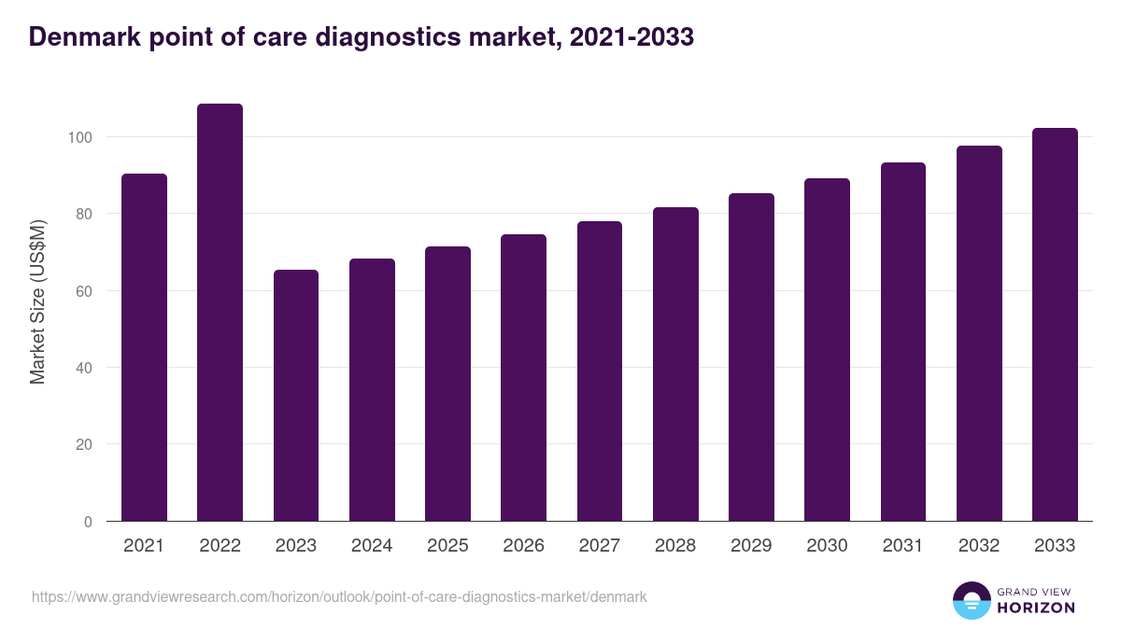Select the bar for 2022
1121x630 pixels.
220,313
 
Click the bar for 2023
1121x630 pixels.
296,396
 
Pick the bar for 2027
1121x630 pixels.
600,371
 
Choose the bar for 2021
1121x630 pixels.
144,347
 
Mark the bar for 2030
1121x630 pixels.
827,350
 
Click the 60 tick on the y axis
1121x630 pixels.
86,291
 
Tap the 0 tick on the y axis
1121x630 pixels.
89,522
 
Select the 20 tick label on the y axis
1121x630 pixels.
86,444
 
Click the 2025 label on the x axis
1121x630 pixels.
447,546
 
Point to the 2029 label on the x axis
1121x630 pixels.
751,546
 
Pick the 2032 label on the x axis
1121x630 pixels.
979,546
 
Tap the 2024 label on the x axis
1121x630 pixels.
372,546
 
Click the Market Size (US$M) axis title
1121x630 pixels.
37,301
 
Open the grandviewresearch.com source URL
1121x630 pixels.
339,596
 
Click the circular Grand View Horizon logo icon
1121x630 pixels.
971,600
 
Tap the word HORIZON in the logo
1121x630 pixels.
1036,608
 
